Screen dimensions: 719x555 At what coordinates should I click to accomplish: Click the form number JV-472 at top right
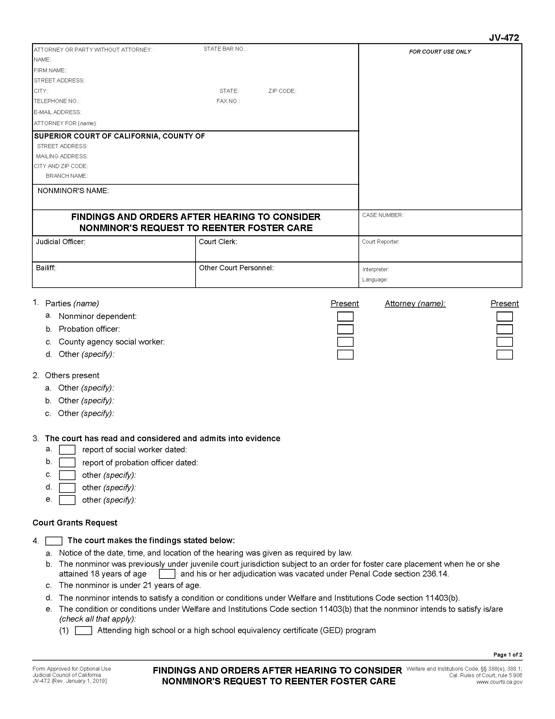pos(503,38)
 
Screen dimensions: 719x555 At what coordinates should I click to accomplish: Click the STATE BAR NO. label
pos(225,49)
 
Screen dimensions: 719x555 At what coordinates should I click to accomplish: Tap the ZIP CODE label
pos(282,91)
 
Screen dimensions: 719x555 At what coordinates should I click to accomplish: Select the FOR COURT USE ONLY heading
pos(440,52)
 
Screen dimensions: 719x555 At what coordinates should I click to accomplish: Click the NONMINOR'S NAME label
pos(73,191)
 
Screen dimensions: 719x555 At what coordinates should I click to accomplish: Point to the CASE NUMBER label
pos(382,215)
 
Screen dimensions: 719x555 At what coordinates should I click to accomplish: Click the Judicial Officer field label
pos(60,242)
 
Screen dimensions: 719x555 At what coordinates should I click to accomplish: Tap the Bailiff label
pos(46,268)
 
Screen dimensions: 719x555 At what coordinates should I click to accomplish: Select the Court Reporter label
pos(380,242)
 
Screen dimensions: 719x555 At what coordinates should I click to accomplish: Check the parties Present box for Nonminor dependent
pos(345,317)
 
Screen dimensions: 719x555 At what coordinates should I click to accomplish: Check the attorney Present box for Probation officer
pos(504,329)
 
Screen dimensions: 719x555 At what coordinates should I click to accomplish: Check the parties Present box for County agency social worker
pos(345,342)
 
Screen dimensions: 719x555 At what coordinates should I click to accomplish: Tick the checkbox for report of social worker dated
pos(67,450)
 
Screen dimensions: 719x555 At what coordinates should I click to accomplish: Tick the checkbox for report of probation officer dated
pos(67,463)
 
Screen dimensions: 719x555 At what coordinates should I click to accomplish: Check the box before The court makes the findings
pos(54,541)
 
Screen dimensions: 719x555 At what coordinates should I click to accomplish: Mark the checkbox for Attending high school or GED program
pos(84,631)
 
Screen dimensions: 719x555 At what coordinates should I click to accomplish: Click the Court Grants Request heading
pos(75,523)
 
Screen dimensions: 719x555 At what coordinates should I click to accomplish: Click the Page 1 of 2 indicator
pos(507,655)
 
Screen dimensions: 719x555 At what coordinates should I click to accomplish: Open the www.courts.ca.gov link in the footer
pos(499,682)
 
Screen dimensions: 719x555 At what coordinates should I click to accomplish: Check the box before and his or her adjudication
pos(167,574)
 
